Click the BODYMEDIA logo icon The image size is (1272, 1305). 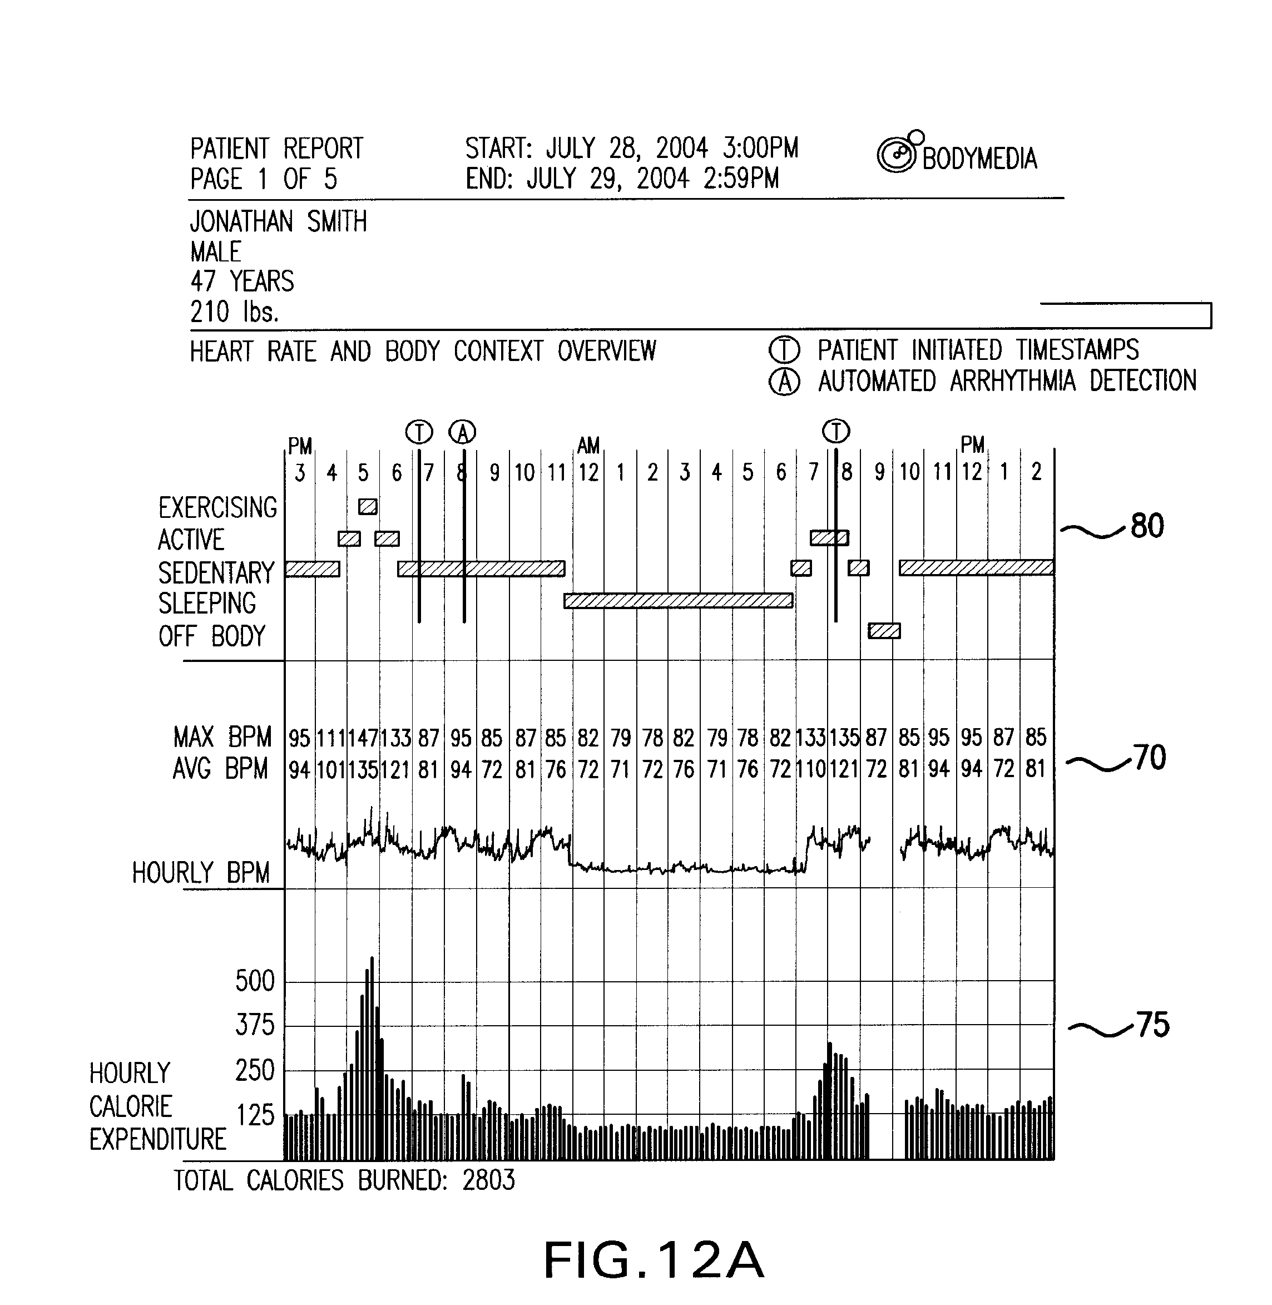tap(897, 155)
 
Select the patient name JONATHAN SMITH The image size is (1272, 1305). tap(278, 222)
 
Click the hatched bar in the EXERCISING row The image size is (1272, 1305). tap(368, 507)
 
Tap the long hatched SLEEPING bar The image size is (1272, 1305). tap(678, 601)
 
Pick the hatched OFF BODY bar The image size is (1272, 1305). tap(884, 631)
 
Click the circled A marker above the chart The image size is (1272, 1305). tap(462, 432)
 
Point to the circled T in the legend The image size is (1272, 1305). tap(784, 350)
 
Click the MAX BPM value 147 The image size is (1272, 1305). tap(363, 738)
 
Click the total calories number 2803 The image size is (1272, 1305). tap(488, 1181)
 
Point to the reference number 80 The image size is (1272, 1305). tap(1147, 526)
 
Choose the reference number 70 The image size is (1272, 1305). tap(1150, 758)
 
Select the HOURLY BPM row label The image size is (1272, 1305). tap(200, 873)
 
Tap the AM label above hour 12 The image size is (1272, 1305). tap(588, 446)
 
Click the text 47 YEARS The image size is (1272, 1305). tap(242, 281)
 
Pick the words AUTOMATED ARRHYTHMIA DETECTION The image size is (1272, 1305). tap(1007, 382)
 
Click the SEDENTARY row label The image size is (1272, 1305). tap(216, 572)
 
